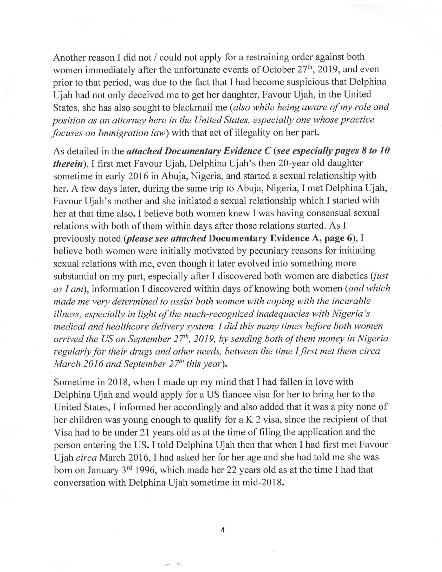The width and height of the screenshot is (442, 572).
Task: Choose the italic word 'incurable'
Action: tap(351, 301)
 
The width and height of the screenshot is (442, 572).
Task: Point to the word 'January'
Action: tap(103, 470)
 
